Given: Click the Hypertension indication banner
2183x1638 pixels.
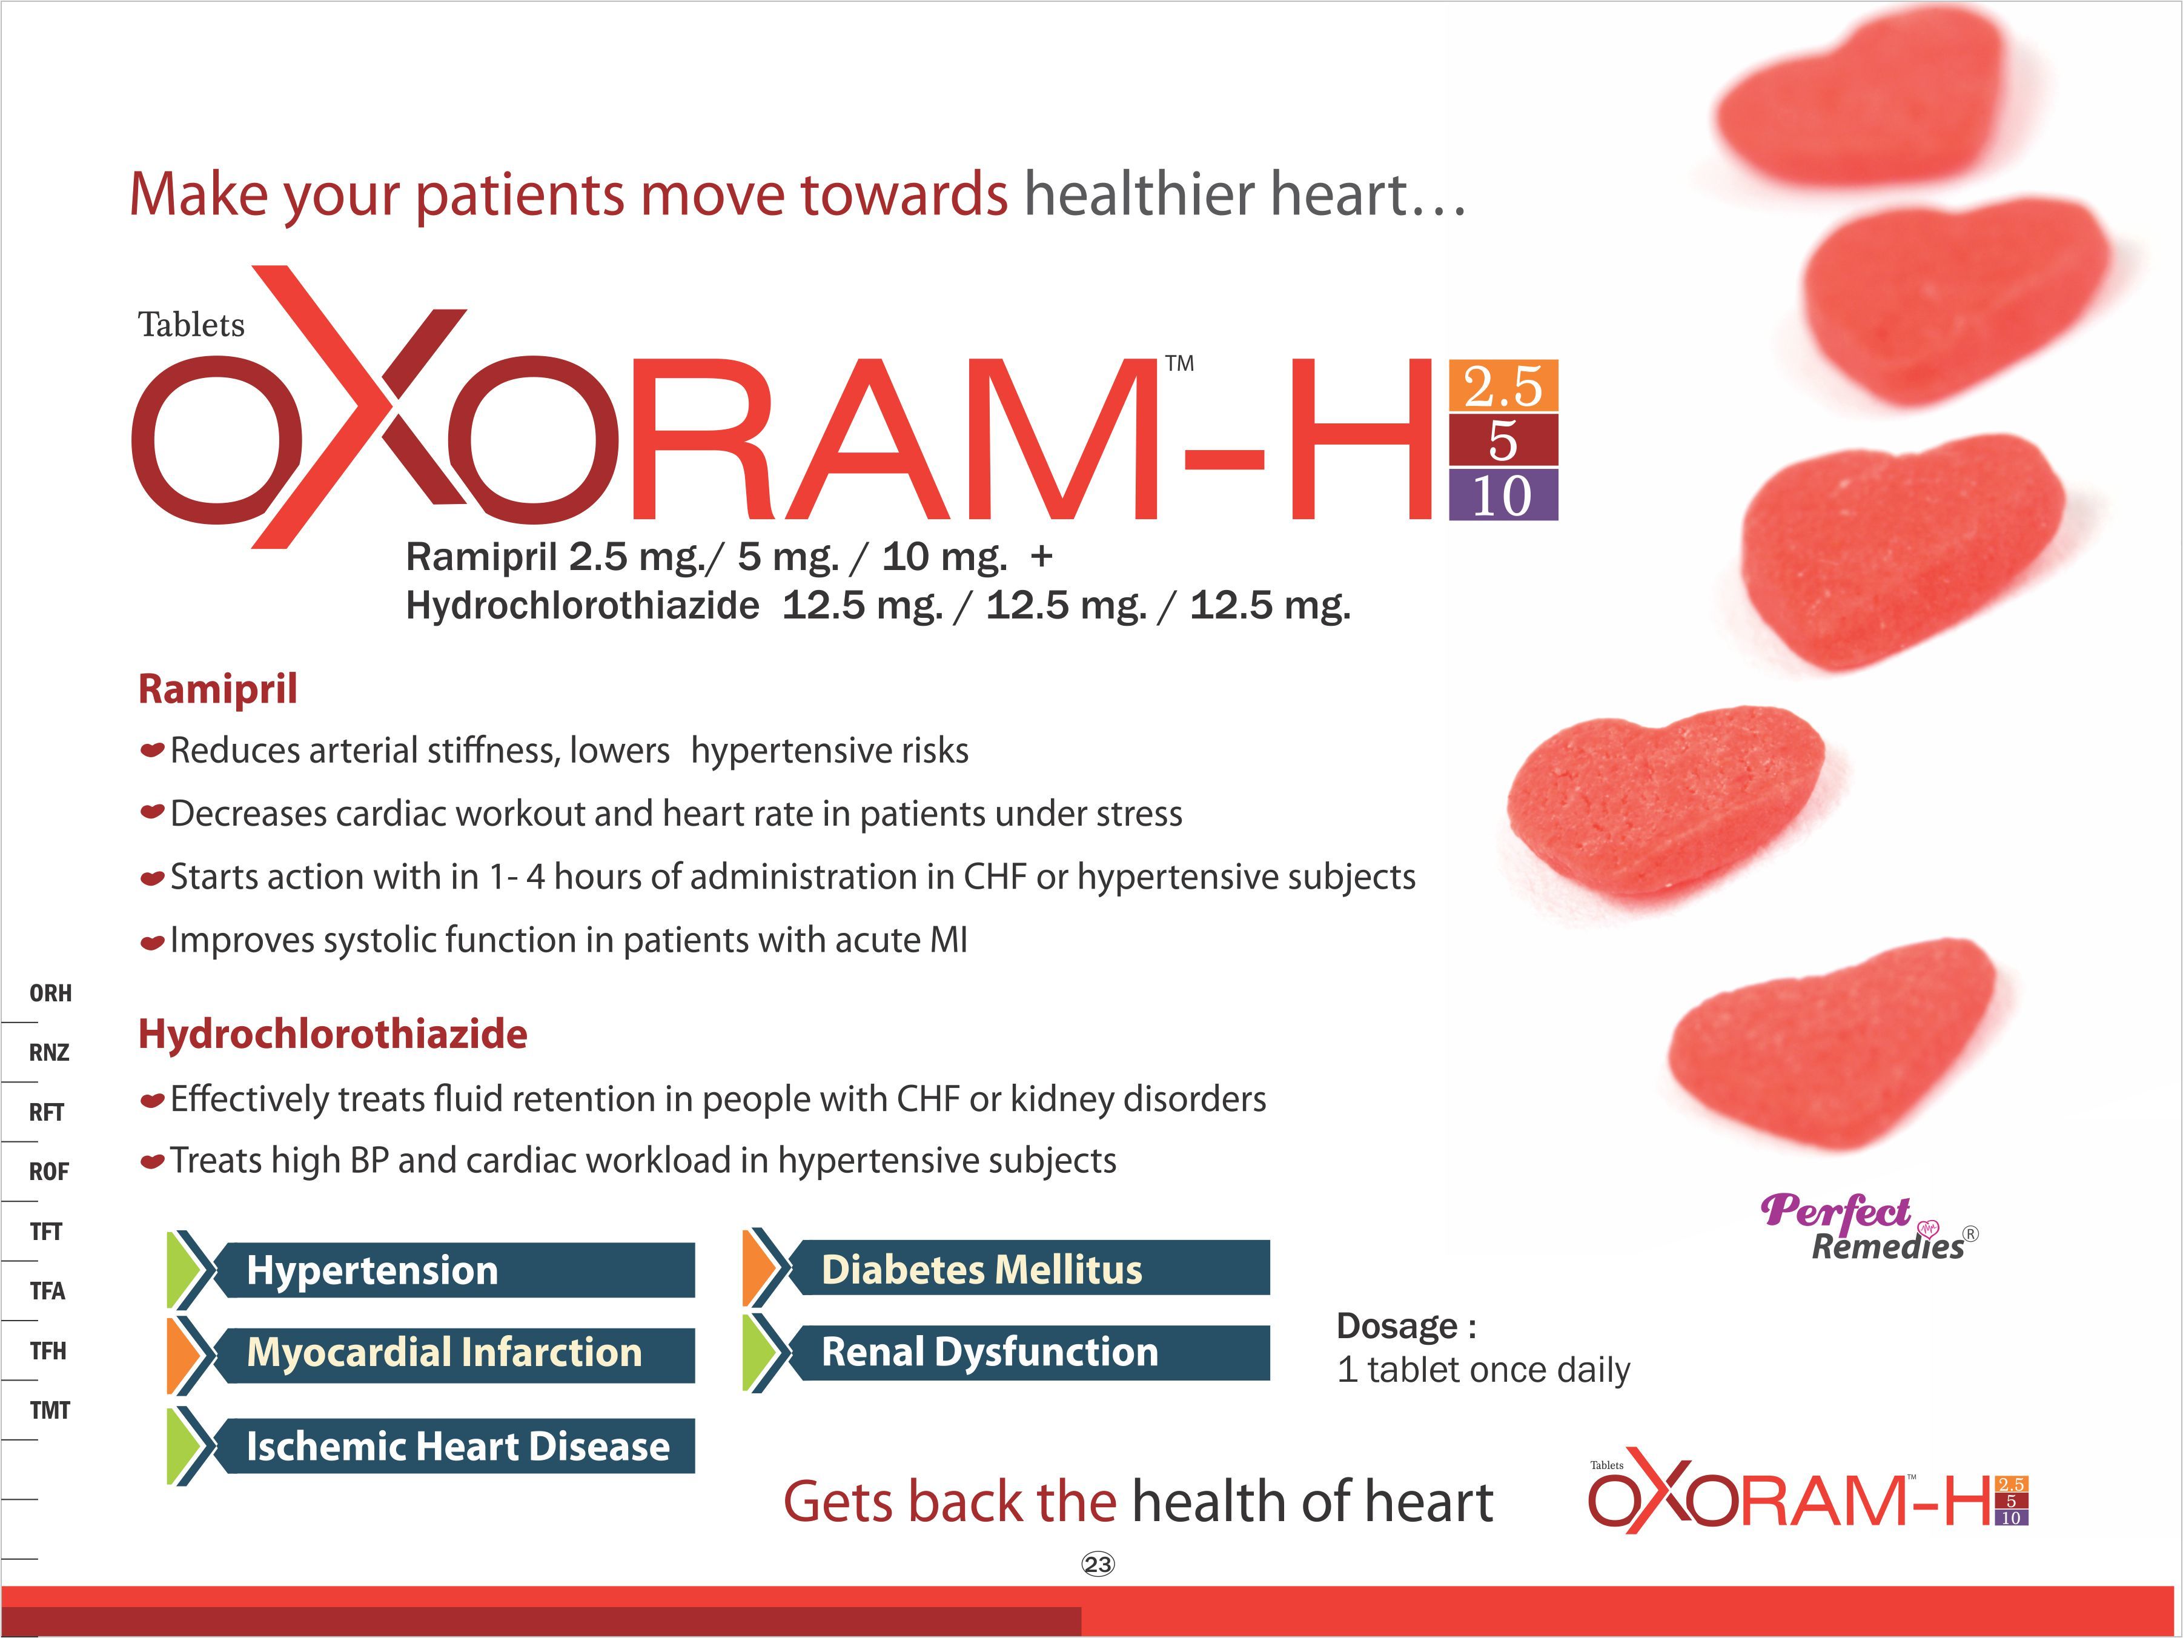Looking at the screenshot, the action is coord(431,1270).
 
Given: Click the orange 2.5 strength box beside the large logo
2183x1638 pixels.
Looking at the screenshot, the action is coord(1503,386).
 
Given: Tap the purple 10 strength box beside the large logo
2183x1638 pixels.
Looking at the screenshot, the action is coord(1503,494).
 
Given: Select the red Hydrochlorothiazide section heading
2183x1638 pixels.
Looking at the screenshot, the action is coord(333,1034).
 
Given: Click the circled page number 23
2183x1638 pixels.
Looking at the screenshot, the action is coord(1098,1564).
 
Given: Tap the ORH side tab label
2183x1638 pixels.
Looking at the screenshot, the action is coord(50,993).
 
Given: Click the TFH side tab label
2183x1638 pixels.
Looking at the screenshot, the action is coord(48,1351).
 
